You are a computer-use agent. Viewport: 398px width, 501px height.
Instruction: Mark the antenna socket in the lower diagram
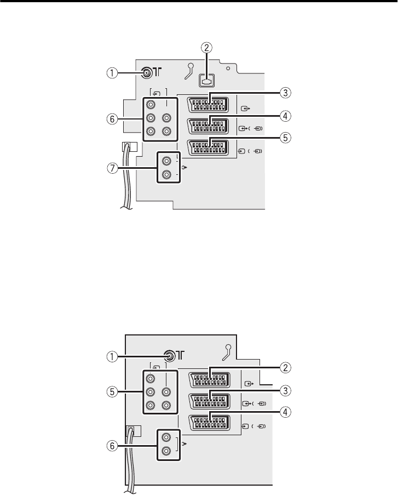[x=171, y=355]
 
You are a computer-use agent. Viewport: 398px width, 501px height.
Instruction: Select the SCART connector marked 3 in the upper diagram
[x=208, y=104]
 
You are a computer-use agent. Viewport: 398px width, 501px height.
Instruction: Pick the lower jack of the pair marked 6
[x=166, y=453]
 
